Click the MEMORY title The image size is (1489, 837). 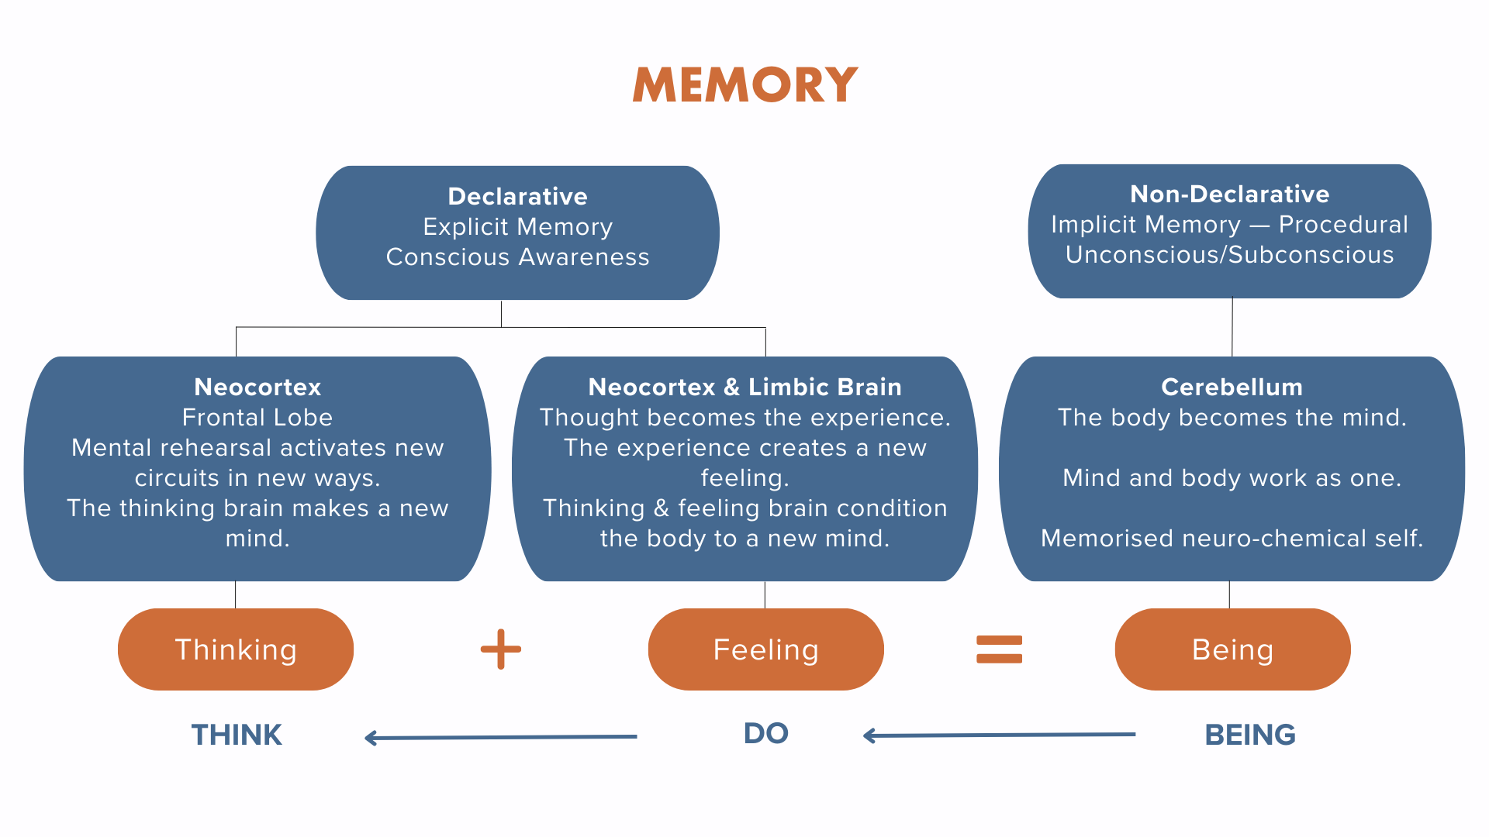point(745,84)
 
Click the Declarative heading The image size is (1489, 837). point(518,196)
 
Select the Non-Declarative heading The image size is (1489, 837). point(1230,194)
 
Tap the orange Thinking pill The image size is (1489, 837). point(236,649)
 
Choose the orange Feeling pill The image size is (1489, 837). point(766,649)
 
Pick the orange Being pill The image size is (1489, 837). point(1233,649)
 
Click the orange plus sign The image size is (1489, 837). point(501,649)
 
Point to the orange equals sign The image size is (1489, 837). point(1000,649)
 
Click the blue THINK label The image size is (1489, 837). point(237,735)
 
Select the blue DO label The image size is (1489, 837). point(766,733)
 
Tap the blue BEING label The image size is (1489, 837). point(1250,735)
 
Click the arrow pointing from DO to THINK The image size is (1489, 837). point(501,737)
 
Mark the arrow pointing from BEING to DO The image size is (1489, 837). point(1000,735)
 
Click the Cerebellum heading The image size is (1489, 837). point(1232,387)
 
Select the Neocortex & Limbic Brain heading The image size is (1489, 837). point(745,387)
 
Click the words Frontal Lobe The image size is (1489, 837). point(257,417)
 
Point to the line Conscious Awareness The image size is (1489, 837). point(518,257)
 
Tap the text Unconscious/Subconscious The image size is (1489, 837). point(1230,254)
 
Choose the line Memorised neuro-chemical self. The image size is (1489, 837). point(1232,538)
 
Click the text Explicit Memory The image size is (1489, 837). point(518,226)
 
